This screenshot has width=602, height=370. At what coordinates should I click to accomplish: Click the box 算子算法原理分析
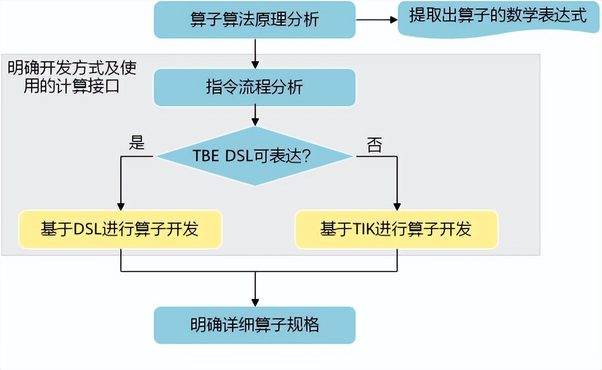point(254,19)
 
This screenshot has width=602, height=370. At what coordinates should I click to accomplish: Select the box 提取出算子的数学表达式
point(498,17)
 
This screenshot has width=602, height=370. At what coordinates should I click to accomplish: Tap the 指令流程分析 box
point(254,87)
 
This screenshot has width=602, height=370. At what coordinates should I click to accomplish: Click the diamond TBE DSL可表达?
point(254,156)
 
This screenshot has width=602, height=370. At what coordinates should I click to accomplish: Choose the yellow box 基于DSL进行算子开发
point(120,229)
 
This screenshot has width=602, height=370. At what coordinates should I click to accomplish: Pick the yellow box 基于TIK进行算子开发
point(396,229)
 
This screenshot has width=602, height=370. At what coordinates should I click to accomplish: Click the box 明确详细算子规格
point(254,325)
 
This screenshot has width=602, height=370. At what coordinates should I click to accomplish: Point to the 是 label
point(137,144)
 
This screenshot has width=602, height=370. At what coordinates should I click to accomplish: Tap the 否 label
point(374,144)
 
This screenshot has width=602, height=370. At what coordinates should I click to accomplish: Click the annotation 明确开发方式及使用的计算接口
point(72,77)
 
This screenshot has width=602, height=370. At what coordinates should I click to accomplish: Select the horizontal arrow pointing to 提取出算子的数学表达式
point(376,20)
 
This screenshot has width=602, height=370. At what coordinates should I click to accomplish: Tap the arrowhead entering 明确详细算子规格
point(255,302)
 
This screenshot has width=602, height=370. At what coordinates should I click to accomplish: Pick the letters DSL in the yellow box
point(86,230)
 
